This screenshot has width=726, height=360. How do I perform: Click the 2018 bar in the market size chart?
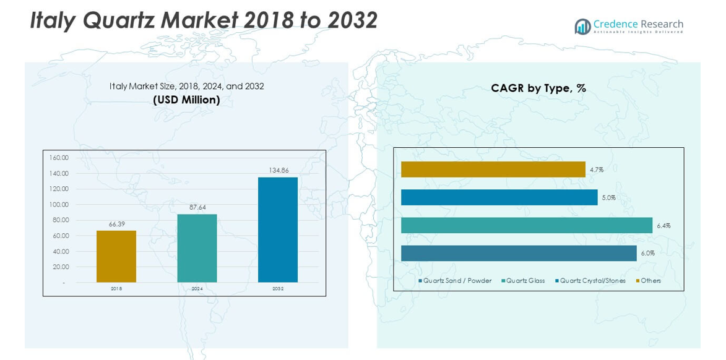[116, 256]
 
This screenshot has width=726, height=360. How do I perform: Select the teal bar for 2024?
[197, 248]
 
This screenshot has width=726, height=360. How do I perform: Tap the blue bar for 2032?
[278, 229]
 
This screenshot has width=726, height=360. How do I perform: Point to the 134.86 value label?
[278, 170]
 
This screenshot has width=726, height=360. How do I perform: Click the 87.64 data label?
[197, 207]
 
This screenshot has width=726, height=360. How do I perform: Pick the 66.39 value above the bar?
[117, 223]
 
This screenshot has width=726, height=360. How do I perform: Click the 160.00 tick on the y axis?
[59, 157]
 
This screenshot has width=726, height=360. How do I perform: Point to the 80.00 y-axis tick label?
[61, 220]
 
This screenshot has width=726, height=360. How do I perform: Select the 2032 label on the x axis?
[278, 289]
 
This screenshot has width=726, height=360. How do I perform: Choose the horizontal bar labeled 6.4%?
[526, 225]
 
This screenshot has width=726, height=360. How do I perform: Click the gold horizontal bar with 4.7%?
[493, 169]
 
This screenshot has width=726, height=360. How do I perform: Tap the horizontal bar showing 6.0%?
[519, 253]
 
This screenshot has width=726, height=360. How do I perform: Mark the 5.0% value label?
[608, 198]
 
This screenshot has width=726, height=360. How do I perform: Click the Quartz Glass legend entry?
[525, 281]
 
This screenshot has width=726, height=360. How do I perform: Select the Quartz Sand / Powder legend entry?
[457, 281]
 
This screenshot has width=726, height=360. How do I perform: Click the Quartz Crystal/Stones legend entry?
[592, 281]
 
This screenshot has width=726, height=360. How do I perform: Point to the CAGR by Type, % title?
[538, 88]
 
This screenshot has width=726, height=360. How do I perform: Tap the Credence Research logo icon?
[582, 26]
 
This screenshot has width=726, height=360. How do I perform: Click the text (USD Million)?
[186, 100]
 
